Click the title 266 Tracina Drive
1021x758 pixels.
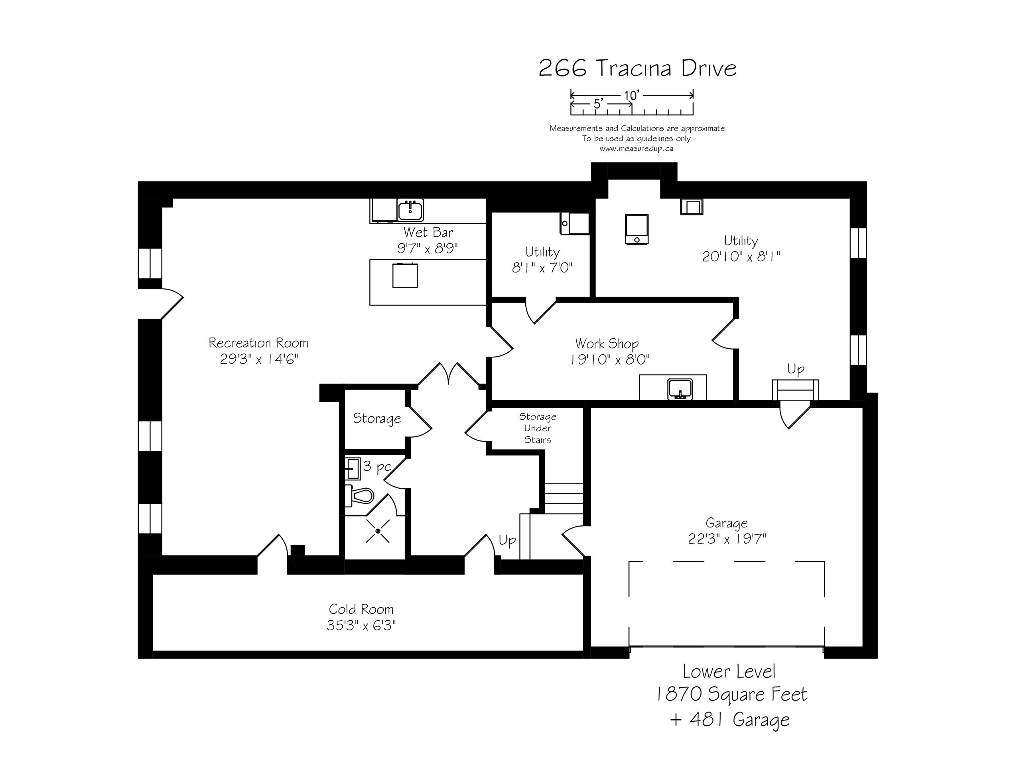[x=637, y=68]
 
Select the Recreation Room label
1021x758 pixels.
[x=258, y=343]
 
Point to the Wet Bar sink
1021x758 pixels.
[x=410, y=210]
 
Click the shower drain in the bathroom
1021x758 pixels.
[x=378, y=531]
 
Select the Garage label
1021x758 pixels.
[x=727, y=523]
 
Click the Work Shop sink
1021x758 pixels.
[x=680, y=388]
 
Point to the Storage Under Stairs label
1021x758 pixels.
[x=538, y=428]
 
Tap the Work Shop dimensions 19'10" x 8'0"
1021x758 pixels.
[x=609, y=359]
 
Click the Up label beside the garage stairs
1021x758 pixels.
[x=796, y=370]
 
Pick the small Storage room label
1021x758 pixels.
[x=376, y=418]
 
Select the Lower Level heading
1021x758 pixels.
[x=729, y=671]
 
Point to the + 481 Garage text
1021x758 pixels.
[x=730, y=719]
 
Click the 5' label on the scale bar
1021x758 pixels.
[x=597, y=104]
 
